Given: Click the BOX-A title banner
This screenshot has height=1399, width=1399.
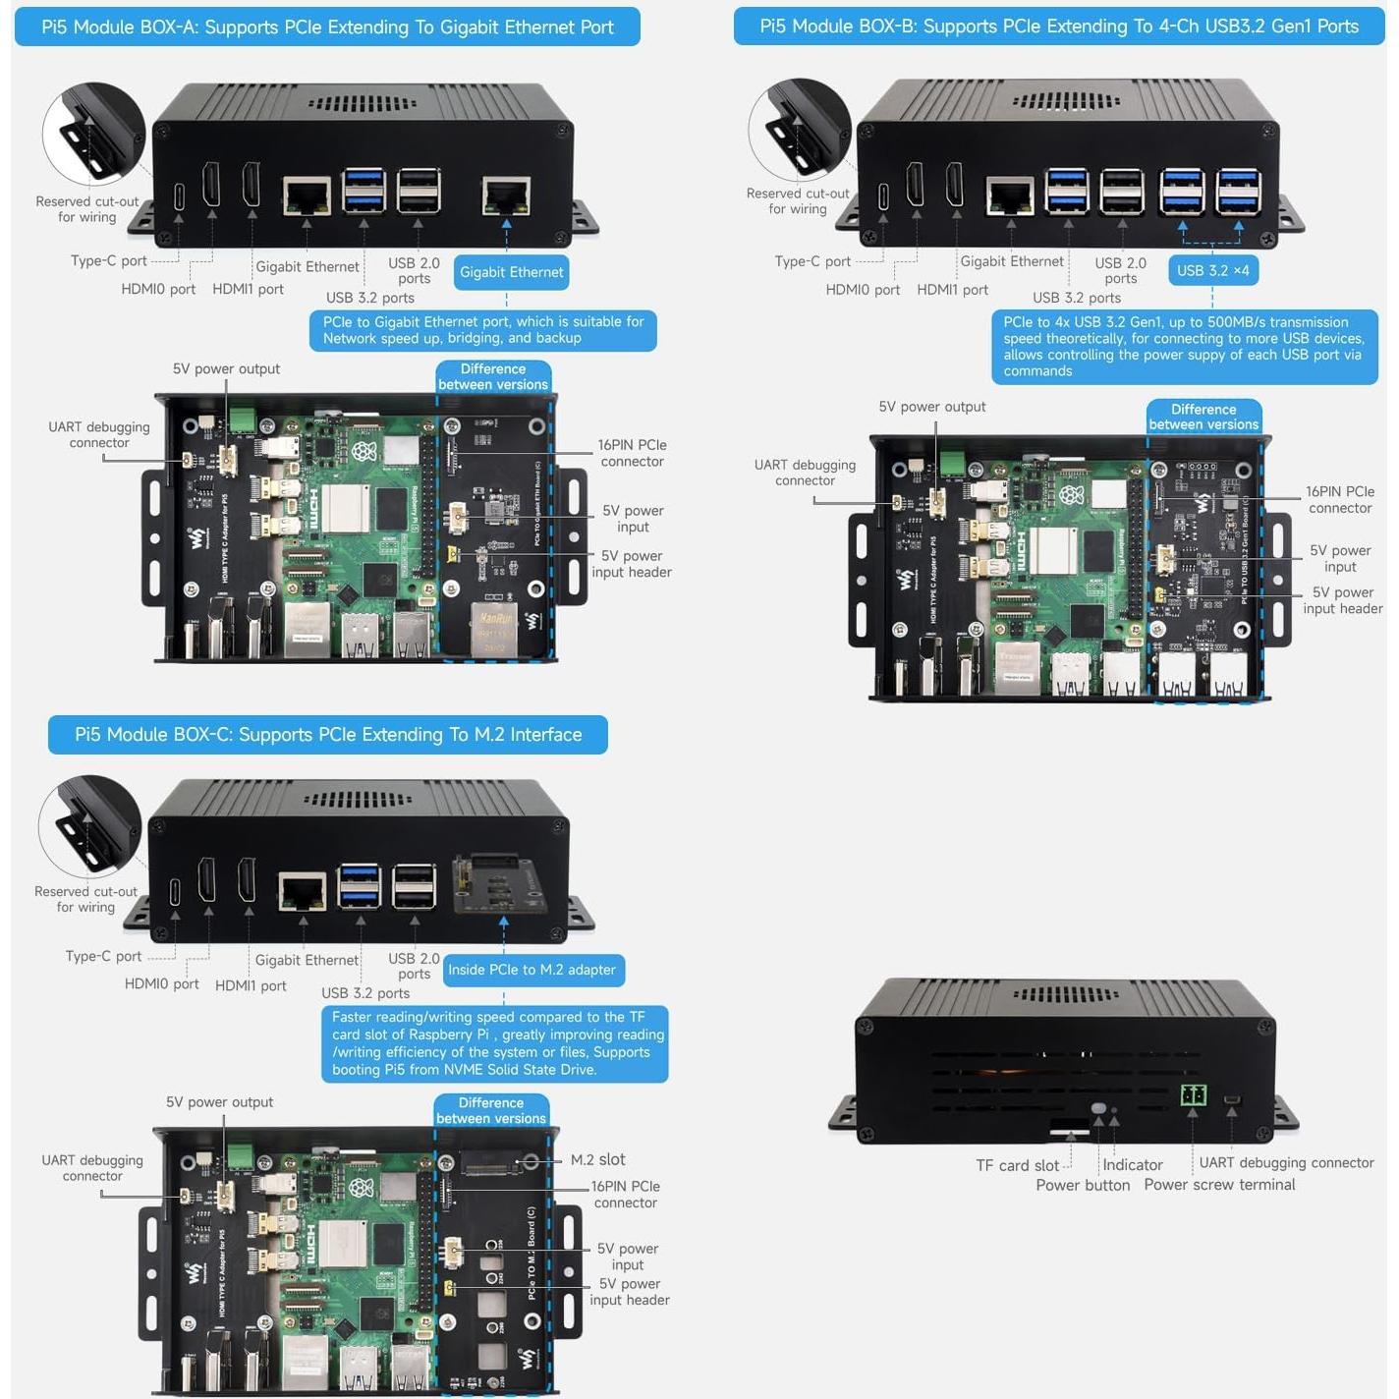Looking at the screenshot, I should pos(327,28).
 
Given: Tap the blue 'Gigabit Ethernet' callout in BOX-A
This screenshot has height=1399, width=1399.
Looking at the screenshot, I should pos(511,272).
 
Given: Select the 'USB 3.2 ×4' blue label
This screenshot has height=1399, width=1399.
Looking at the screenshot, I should pos(1212,270).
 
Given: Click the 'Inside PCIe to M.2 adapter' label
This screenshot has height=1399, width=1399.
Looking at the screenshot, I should pos(532,970).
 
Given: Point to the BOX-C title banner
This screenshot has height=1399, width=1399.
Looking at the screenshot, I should pos(327,735).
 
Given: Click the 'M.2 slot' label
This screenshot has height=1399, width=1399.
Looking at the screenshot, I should pos(597,1159).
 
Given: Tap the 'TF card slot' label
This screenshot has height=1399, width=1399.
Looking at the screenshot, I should pos(1017,1165).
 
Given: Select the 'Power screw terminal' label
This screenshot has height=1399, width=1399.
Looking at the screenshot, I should pos(1219,1185).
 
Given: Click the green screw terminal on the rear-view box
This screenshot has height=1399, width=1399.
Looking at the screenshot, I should pos(1194,1094).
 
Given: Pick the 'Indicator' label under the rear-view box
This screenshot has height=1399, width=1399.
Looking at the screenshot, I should pos(1132,1164).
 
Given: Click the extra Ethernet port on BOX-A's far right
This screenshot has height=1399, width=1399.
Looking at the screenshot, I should pos(506,196).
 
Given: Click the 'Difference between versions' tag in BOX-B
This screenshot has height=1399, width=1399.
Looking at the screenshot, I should pos(1203,417).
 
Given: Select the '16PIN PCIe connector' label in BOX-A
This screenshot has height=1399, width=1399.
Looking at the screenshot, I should pos(632,453).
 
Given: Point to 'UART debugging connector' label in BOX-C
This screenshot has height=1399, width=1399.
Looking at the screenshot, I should pos(92,1168).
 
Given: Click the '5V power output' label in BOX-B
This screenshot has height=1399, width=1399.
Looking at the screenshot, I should pos(931,407).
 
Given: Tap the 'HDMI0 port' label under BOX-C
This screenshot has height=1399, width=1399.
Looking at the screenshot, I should pos(161,983).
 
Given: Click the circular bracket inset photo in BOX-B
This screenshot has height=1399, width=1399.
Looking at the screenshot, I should pos(799,130).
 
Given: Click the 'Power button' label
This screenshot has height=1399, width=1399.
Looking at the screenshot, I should pos(1082,1185).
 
